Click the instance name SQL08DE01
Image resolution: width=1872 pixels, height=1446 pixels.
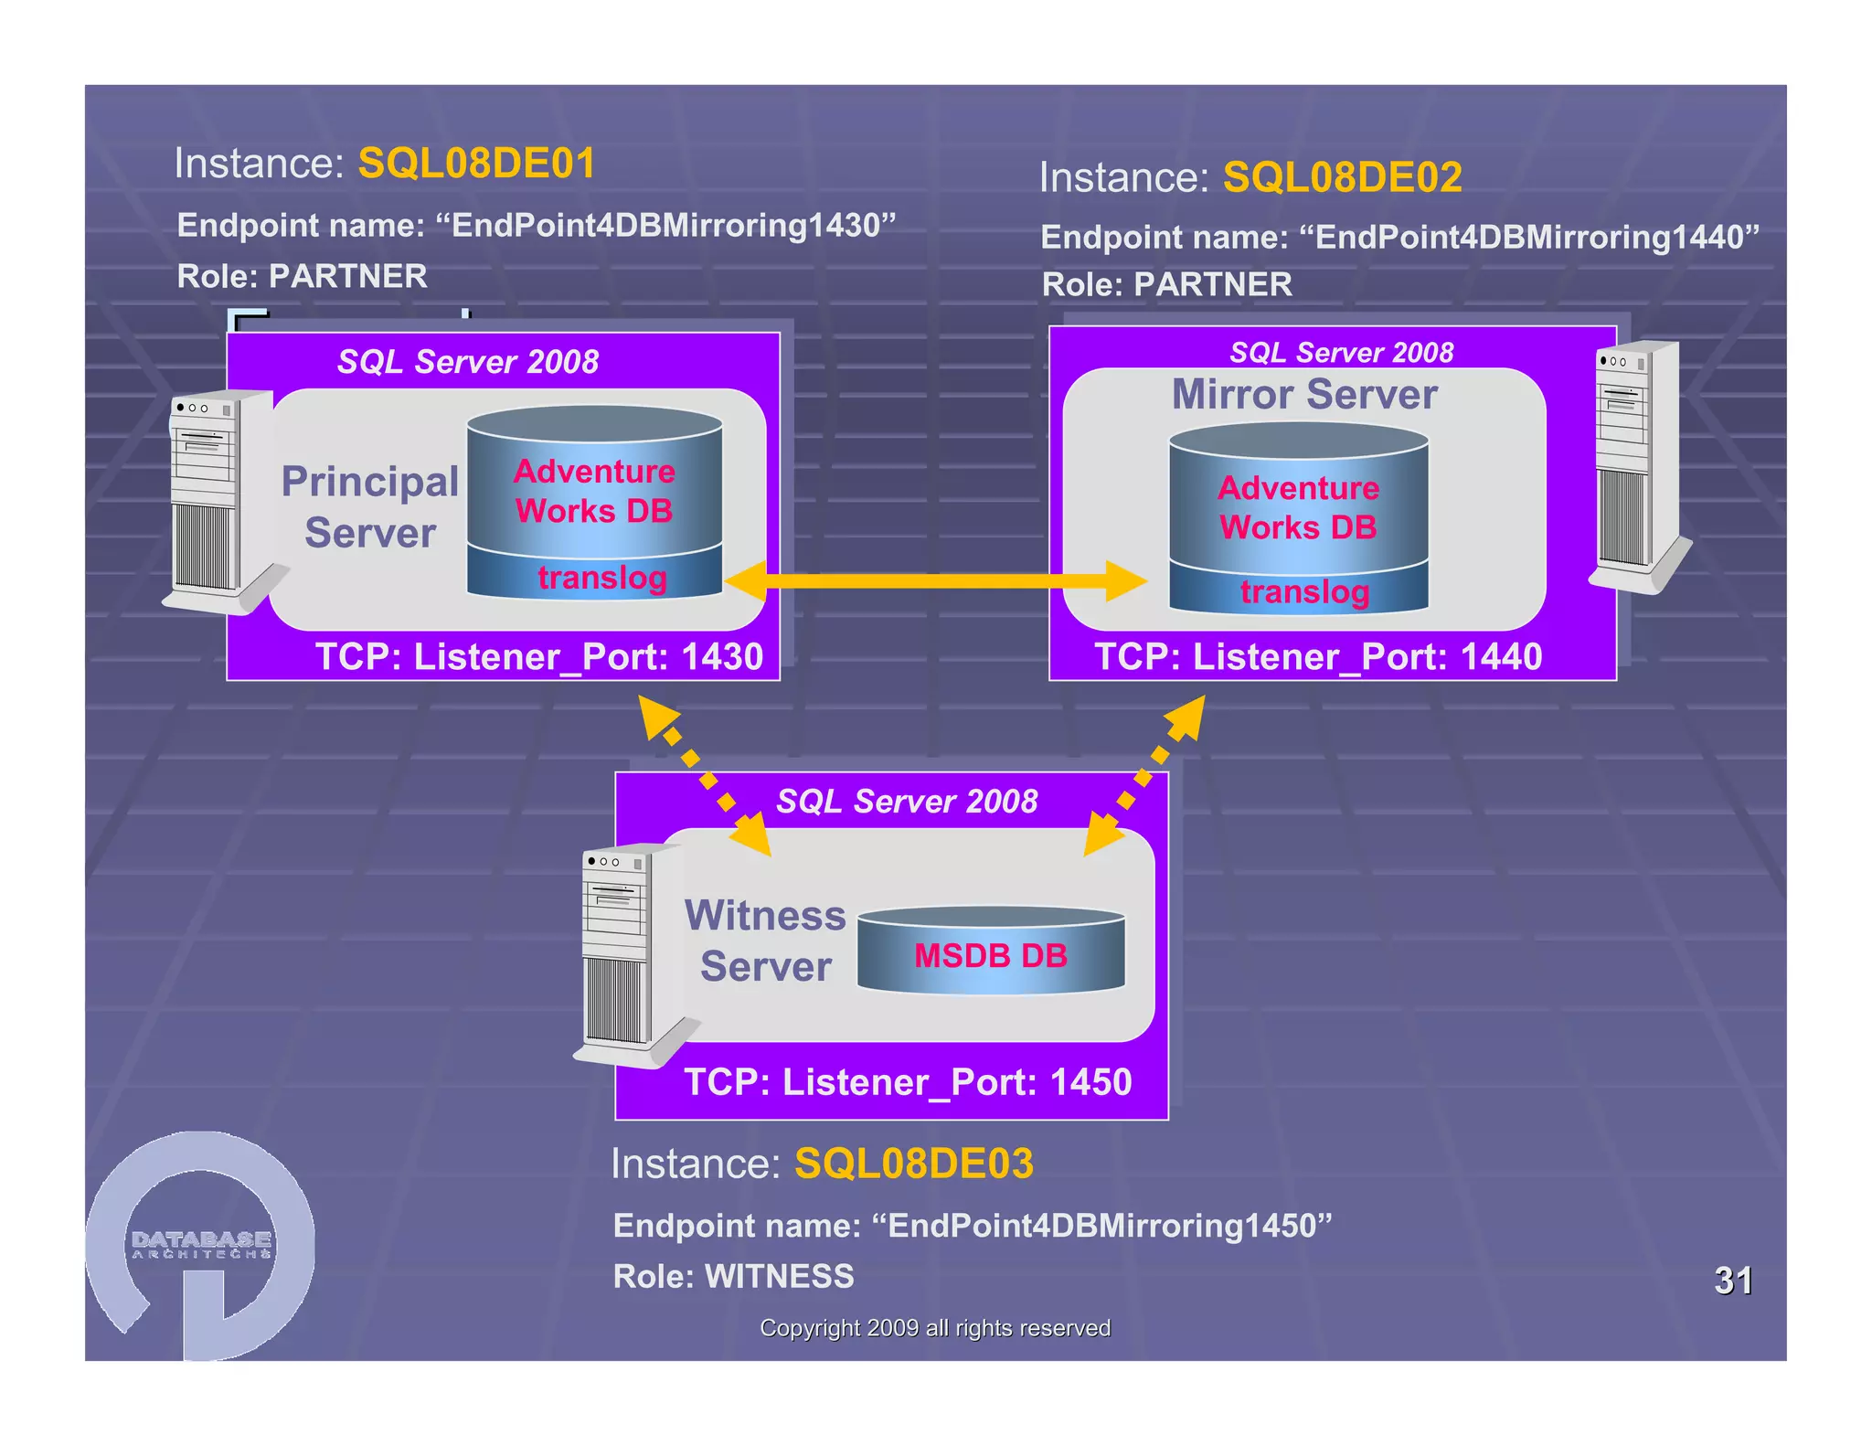[x=476, y=164]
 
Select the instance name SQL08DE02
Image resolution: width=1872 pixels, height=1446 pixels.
[x=1342, y=177]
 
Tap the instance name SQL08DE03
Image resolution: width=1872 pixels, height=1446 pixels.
[x=913, y=1164]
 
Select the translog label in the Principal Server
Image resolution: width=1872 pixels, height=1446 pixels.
[x=601, y=578]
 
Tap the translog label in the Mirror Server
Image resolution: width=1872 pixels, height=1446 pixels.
[x=1304, y=591]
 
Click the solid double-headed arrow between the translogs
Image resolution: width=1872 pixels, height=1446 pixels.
[x=935, y=580]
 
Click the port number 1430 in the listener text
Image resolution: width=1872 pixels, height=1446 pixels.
[x=722, y=657]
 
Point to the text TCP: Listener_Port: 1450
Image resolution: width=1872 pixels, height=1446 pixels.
[x=908, y=1082]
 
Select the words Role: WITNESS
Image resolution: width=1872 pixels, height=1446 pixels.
[x=733, y=1276]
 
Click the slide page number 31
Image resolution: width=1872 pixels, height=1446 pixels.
[x=1732, y=1281]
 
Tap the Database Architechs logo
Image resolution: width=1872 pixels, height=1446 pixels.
[x=201, y=1245]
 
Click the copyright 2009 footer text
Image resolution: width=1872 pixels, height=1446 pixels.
[x=935, y=1328]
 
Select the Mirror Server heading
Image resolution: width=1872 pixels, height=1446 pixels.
[x=1304, y=395]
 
